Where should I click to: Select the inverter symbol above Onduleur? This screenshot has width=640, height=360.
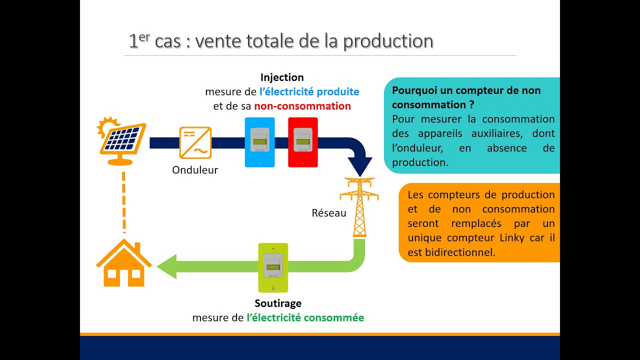point(195,142)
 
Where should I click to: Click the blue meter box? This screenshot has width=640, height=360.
point(259,142)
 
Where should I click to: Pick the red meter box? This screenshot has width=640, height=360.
point(302,142)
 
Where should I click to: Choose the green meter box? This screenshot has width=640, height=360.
point(273,267)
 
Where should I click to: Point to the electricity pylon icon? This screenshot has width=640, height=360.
point(359,207)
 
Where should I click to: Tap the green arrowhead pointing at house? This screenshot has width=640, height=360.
point(167,266)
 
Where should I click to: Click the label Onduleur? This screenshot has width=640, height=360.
point(195,170)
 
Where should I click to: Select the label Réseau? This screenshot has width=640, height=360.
point(329,213)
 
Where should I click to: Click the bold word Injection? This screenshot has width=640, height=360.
point(282,77)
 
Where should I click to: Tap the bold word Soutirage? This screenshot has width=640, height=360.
point(278,303)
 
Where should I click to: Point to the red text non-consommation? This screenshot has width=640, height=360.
point(302,106)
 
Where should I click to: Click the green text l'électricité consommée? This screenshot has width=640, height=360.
point(305,317)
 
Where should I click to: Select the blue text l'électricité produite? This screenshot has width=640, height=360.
point(309,92)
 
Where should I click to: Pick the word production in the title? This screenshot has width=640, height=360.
point(388,41)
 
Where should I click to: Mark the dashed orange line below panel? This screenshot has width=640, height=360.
point(123,200)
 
